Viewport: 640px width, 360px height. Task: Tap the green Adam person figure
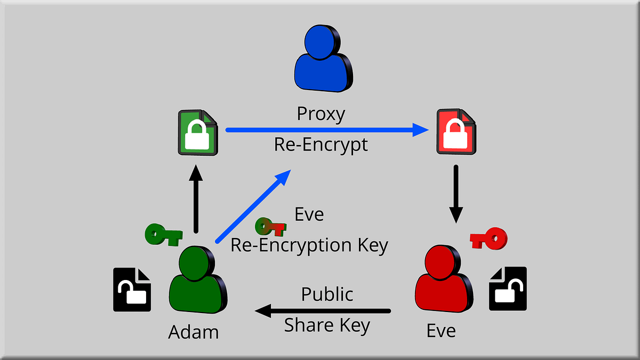tap(195, 282)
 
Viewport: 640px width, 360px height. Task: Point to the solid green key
tap(163, 234)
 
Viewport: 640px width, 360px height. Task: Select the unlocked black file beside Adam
tap(132, 290)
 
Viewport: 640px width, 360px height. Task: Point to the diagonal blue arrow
tap(253, 205)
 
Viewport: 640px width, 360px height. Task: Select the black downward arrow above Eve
tap(456, 193)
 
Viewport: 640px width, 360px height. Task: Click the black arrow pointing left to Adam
tap(323, 310)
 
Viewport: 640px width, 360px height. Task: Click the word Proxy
tap(321, 114)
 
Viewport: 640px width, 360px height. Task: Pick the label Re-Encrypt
tap(321, 145)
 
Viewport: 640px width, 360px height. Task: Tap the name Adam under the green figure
tap(194, 332)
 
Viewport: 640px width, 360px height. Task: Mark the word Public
tap(327, 294)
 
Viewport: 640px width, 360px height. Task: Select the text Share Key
tap(327, 325)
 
